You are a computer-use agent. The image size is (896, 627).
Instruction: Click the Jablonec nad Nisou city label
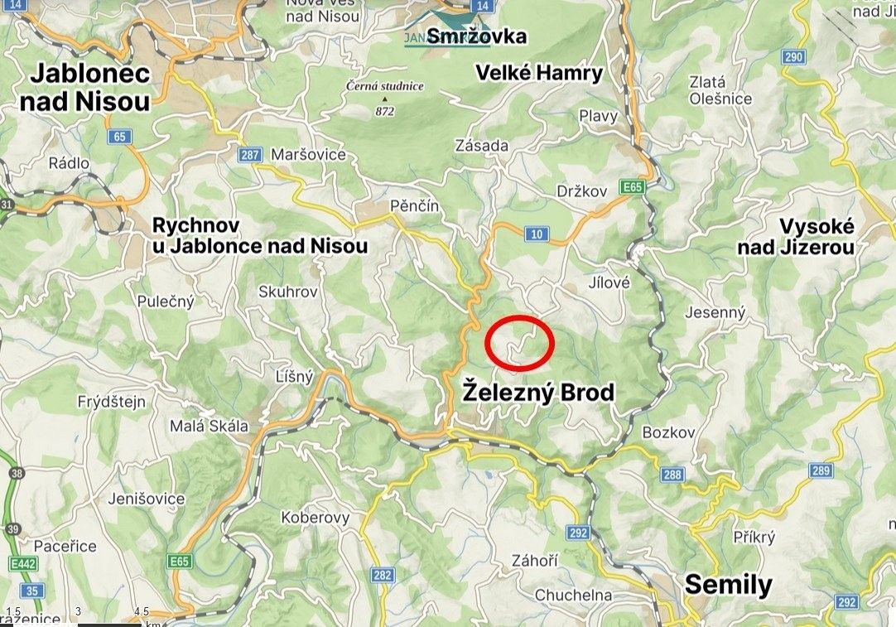[90, 87]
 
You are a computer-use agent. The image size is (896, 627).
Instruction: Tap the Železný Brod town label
[538, 391]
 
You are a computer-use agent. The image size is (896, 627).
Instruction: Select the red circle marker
[518, 342]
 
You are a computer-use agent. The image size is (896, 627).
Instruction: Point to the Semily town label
[728, 585]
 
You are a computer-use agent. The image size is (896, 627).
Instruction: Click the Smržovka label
[477, 36]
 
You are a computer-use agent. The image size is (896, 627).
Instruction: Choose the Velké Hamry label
[539, 73]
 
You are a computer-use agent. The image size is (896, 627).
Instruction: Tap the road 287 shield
[250, 155]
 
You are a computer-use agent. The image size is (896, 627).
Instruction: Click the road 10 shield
[537, 234]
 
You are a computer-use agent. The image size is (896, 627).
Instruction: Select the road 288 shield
[672, 475]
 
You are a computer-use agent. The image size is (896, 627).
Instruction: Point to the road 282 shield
[383, 575]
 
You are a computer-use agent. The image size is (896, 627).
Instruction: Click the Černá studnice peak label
[385, 86]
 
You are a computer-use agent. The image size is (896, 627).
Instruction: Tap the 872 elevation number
[385, 111]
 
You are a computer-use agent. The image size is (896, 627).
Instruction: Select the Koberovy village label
[315, 518]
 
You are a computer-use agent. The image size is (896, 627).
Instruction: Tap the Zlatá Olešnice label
[720, 90]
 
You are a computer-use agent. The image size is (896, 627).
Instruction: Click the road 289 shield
[821, 470]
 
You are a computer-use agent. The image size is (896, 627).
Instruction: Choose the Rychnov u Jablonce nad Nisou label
[260, 235]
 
